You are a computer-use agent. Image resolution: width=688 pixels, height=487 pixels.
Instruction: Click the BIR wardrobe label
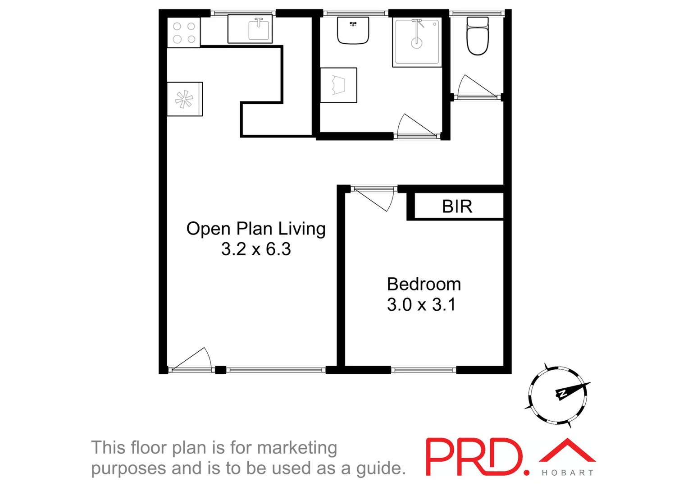tap(457, 207)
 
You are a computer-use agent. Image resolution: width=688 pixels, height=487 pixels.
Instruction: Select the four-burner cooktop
tap(184, 33)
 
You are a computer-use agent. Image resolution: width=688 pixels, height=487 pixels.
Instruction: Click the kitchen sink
tap(259, 29)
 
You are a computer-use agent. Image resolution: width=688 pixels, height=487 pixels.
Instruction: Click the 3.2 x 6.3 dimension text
tap(256, 249)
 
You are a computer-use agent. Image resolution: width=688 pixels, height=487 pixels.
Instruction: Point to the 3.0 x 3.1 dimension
tap(421, 305)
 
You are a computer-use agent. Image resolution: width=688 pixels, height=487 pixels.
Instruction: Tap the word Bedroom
tap(424, 285)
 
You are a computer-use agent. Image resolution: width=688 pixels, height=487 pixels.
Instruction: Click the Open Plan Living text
tap(256, 229)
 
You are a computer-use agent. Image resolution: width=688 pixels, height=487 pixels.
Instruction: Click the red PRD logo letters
tap(475, 456)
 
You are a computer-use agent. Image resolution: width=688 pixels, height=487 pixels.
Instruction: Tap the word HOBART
tap(567, 473)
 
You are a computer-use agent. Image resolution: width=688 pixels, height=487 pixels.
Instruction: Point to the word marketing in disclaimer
tap(297, 448)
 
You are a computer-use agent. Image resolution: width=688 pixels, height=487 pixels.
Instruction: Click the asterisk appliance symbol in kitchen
tap(184, 99)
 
